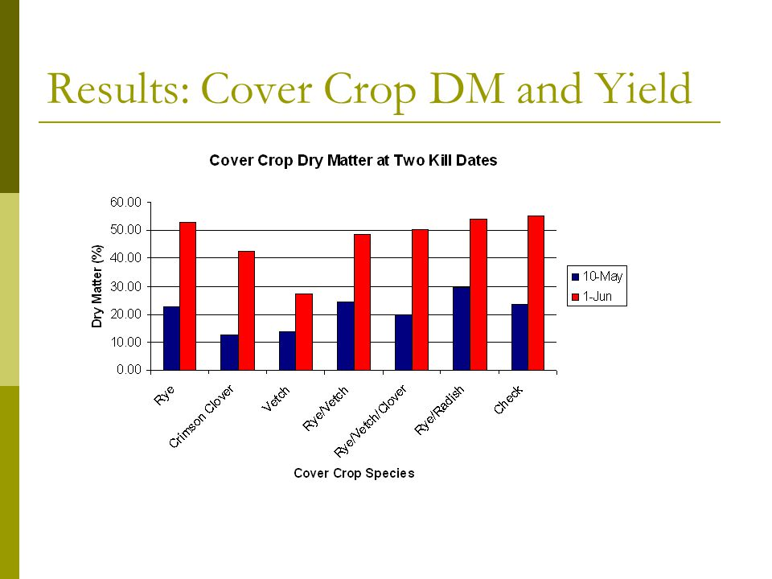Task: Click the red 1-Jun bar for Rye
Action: click(187, 296)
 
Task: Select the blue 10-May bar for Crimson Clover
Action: click(229, 352)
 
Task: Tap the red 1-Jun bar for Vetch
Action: click(304, 332)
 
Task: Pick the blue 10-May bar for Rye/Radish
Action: click(462, 328)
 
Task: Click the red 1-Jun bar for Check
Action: click(536, 293)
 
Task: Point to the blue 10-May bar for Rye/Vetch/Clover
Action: click(403, 343)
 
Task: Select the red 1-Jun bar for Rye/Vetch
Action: click(362, 302)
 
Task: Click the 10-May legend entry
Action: click(597, 276)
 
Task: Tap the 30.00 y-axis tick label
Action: click(125, 286)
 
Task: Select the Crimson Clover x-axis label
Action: click(201, 417)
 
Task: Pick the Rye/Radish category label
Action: click(439, 410)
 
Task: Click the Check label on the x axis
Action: click(507, 400)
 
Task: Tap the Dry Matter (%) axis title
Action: click(97, 286)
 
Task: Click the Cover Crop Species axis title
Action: click(354, 473)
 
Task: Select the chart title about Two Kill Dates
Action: click(353, 161)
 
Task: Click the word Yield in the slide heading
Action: click(643, 88)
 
